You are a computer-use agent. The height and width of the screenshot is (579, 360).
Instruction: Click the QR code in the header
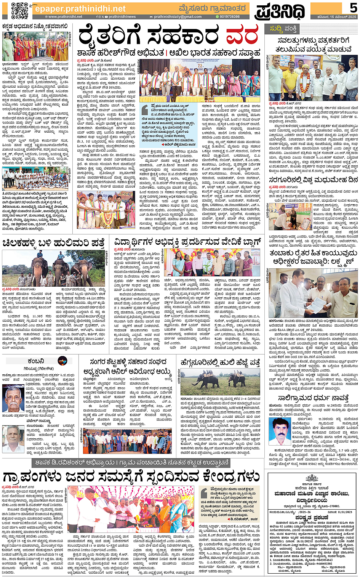[19, 10]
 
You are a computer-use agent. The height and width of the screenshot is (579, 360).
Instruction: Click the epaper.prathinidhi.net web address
[80, 9]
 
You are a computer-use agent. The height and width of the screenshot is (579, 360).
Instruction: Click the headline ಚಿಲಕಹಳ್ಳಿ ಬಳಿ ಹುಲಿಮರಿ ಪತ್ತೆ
[53, 243]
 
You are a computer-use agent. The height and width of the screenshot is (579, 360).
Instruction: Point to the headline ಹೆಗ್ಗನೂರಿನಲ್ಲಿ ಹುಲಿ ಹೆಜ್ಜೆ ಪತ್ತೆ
[221, 362]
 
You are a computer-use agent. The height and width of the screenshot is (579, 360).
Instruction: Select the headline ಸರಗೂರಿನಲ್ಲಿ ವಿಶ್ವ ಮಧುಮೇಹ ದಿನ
[313, 180]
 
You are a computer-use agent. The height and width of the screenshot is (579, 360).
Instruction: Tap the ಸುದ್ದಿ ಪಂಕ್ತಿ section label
[283, 29]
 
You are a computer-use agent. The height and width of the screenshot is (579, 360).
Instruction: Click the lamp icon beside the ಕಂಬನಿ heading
[62, 361]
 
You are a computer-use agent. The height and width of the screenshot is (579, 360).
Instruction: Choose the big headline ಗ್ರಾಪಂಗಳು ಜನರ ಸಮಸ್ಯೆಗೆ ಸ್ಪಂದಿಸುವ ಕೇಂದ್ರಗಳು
[131, 476]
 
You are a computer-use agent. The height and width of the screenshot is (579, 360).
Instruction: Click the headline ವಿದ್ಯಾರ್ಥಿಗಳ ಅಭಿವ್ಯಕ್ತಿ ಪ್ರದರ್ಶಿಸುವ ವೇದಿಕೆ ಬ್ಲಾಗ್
[187, 242]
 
